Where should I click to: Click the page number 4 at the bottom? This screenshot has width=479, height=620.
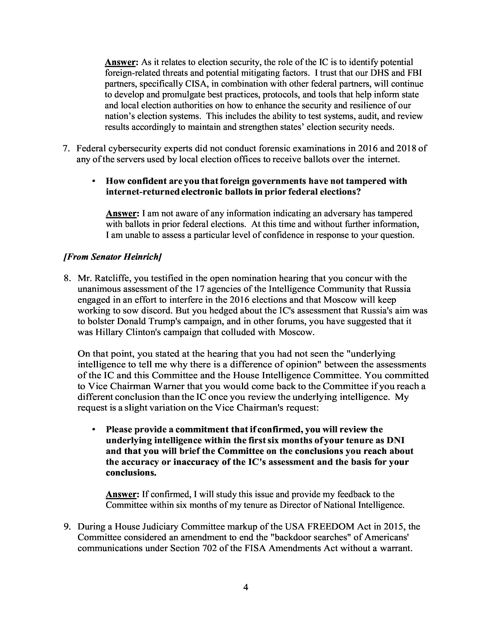[x=246, y=587]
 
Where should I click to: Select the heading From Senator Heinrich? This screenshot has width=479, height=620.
[x=112, y=257]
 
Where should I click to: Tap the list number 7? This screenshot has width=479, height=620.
[x=66, y=148]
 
